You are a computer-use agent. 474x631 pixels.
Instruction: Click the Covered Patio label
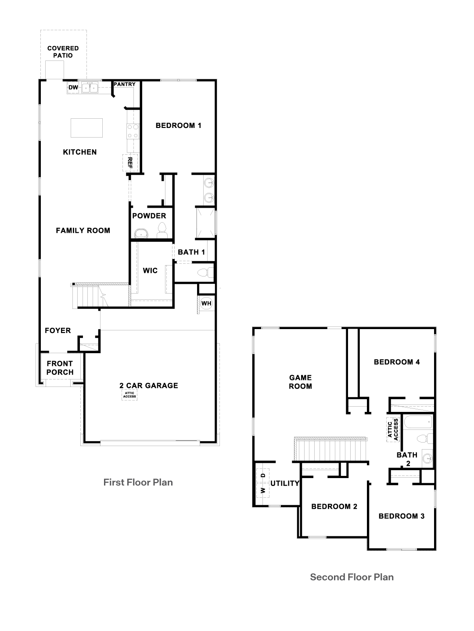tap(63, 52)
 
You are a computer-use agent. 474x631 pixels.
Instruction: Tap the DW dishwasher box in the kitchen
tap(73, 88)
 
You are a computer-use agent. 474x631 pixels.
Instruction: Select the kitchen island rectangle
tap(86, 128)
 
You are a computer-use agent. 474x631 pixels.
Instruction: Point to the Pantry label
tap(125, 84)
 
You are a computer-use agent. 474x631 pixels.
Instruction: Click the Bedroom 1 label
tap(178, 126)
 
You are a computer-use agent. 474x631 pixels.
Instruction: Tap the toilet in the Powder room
tap(162, 230)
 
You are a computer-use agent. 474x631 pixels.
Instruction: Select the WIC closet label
tap(150, 270)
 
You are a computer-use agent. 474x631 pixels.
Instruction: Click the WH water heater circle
tap(206, 303)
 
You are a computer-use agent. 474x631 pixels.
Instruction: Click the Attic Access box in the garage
tap(129, 395)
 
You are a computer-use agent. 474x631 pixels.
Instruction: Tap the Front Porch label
tap(60, 368)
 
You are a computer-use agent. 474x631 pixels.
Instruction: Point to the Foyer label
tap(57, 330)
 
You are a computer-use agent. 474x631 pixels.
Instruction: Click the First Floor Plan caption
tap(138, 482)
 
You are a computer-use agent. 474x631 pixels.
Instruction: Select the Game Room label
tap(300, 382)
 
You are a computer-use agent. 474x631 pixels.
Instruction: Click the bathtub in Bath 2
tap(417, 422)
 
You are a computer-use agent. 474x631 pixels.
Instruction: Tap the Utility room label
tap(285, 483)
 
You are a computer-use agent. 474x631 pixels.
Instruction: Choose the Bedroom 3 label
tap(401, 516)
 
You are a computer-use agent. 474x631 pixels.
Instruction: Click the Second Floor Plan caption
tap(352, 577)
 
